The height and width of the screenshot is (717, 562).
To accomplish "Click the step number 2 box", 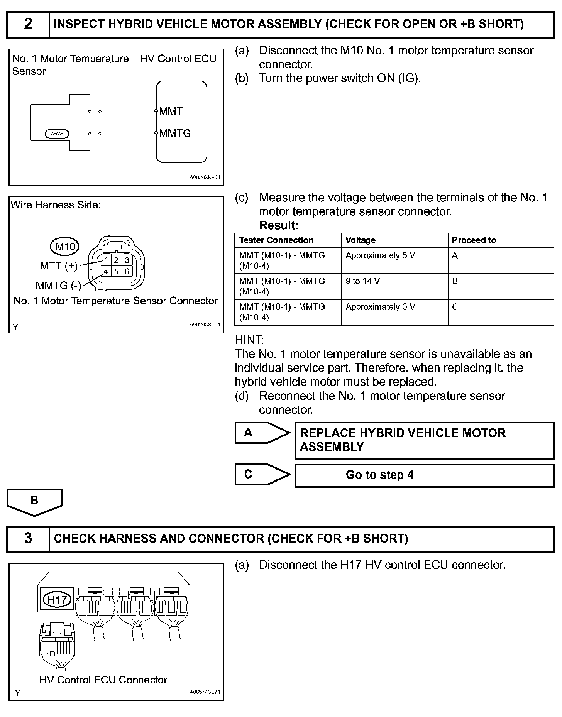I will click(x=28, y=24).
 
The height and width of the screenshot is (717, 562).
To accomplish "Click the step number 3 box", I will click(x=28, y=538).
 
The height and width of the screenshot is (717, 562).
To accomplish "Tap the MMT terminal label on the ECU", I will click(x=171, y=112).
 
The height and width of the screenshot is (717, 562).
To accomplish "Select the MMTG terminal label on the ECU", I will click(x=175, y=134).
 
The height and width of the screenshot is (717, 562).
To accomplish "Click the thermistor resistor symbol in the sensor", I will click(x=57, y=134).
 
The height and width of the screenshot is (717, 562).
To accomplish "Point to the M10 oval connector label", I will click(x=65, y=246).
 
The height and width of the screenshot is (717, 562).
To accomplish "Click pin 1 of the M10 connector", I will click(x=105, y=260).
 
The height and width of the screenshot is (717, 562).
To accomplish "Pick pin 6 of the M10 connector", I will click(x=127, y=271).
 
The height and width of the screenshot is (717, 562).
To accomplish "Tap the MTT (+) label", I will click(x=59, y=265).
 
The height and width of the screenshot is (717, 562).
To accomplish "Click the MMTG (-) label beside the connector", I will click(x=58, y=286).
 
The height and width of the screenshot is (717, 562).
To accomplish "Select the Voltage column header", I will click(x=361, y=240).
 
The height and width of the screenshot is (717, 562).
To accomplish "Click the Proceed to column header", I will click(x=474, y=240).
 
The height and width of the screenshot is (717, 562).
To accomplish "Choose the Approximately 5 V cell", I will click(x=380, y=255).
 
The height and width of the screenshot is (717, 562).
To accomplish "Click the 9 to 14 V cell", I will click(x=362, y=281).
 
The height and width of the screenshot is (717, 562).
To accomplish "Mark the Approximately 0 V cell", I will click(x=380, y=307).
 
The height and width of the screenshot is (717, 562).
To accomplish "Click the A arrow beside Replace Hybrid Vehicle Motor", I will click(x=262, y=433).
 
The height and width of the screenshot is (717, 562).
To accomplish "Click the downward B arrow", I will click(x=34, y=502).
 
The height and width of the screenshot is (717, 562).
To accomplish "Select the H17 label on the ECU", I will click(x=57, y=599).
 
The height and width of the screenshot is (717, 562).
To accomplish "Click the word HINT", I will click(x=249, y=340).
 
